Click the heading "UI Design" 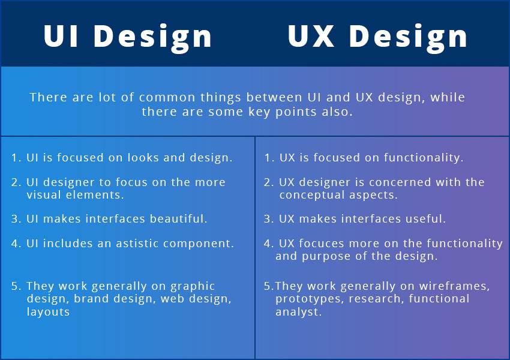click(x=128, y=36)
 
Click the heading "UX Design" click(x=377, y=36)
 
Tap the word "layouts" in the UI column click(x=48, y=311)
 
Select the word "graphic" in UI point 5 click(x=193, y=286)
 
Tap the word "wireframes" click(x=456, y=286)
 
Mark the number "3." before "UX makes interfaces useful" click(x=268, y=219)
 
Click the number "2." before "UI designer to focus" click(x=16, y=182)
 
